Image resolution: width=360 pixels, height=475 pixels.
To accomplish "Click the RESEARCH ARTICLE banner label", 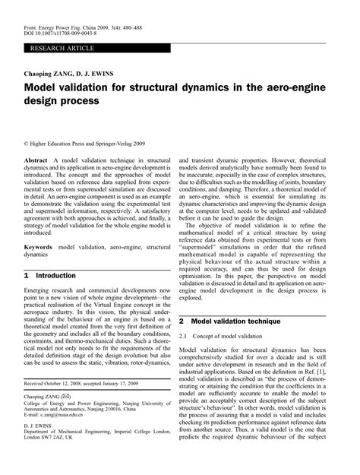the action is pos(61,48).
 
